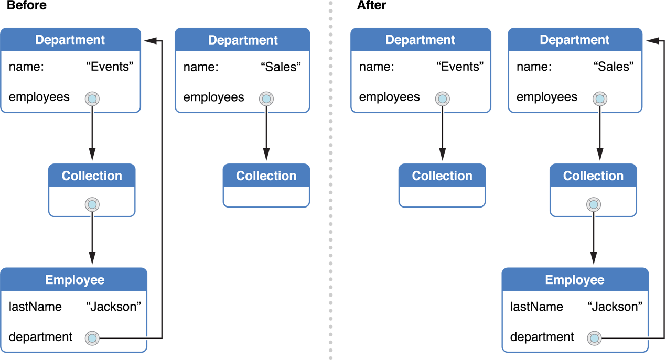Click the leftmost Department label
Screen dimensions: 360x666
70,40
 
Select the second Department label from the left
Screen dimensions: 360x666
243,40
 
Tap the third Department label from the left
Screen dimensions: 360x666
420,40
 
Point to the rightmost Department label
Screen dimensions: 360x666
574,40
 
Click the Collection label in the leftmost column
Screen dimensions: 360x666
92,176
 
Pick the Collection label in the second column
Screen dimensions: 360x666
266,176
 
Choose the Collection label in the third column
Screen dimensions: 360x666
442,176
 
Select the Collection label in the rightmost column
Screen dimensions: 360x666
593,176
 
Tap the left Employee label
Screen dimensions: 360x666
75,280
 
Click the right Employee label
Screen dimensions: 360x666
575,280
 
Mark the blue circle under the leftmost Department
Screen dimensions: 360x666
92,99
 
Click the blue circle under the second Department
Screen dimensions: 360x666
266,99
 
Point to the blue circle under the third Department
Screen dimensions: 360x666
443,99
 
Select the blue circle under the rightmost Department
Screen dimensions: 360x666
598,99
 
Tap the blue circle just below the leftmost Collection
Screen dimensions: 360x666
92,203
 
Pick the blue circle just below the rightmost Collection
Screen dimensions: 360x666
593,203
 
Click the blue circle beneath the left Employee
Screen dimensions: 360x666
92,339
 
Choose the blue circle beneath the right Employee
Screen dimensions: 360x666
594,339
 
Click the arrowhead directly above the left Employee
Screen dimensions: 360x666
92,257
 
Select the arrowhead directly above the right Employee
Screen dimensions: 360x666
593,257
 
